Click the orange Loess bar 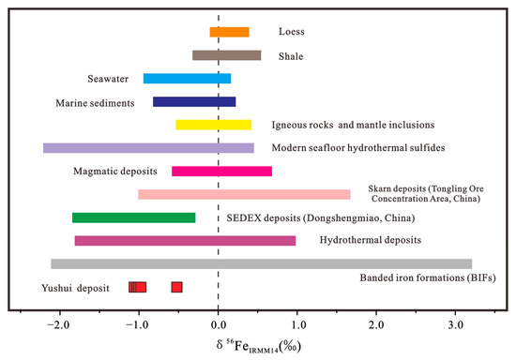(x=229, y=32)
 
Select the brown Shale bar (x=226, y=55)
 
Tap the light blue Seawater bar (x=187, y=79)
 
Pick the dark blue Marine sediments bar (x=194, y=102)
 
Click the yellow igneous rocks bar (x=213, y=125)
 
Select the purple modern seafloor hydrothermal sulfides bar (x=148, y=148)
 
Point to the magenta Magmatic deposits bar (x=221, y=172)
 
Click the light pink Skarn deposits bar (x=244, y=195)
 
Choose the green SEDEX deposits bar (x=133, y=217)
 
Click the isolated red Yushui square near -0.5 (x=176, y=287)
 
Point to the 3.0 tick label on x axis (x=456, y=324)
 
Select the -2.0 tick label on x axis (x=59, y=324)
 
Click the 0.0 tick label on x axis (x=219, y=324)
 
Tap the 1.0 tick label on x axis (x=297, y=324)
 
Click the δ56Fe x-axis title (x=258, y=344)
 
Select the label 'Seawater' (x=101, y=79)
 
